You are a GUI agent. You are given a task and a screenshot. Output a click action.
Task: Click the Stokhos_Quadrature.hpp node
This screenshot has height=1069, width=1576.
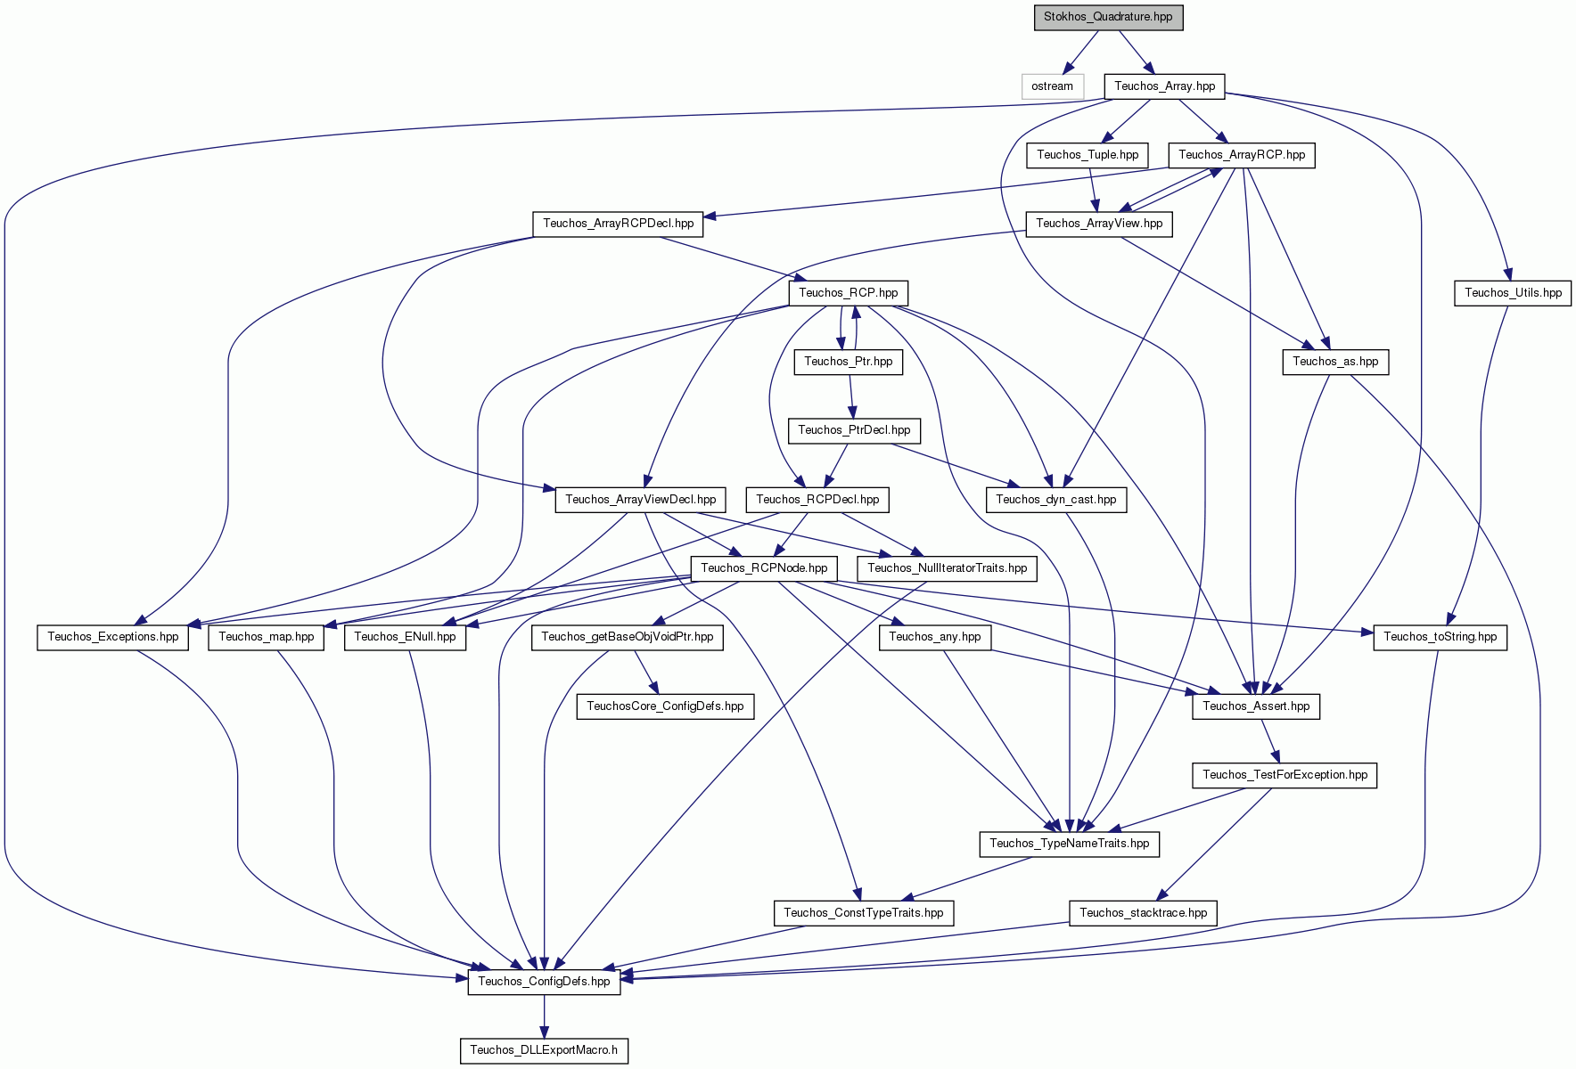point(1108,17)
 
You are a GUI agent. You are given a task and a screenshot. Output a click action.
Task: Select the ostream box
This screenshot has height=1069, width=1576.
point(1052,86)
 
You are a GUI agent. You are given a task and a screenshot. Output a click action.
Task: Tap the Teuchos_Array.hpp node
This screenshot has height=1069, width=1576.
point(1164,86)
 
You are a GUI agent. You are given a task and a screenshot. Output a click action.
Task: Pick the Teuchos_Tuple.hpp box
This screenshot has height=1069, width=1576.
point(1088,155)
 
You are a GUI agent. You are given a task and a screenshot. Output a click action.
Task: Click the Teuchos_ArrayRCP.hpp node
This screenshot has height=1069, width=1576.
point(1242,155)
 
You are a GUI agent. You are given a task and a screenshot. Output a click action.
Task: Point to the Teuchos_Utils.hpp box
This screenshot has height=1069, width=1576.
point(1513,293)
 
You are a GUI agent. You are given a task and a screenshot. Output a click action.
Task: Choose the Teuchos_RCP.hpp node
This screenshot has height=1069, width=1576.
point(849,293)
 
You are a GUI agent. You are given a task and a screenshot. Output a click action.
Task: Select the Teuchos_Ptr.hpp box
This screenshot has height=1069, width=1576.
point(849,362)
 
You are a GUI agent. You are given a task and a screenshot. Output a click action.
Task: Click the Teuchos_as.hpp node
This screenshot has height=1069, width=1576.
point(1335,362)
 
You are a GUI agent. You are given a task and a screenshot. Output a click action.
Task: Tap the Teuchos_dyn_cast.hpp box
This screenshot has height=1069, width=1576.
point(1056,500)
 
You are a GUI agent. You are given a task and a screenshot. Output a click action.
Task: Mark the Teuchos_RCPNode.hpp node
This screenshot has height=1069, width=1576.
point(764,568)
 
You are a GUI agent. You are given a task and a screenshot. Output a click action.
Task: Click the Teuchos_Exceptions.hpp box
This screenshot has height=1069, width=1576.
point(113,637)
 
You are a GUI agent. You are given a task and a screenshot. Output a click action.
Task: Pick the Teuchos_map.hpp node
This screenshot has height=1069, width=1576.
point(267,637)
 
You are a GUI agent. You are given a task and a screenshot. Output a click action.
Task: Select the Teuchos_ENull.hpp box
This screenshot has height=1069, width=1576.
point(405,637)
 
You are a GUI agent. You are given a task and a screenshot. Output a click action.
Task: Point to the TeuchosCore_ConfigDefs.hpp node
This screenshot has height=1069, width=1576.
point(665,706)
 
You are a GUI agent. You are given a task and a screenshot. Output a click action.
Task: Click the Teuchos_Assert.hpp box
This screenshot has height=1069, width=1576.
point(1256,706)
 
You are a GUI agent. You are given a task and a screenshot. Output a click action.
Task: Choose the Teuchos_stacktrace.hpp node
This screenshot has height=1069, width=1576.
point(1143,913)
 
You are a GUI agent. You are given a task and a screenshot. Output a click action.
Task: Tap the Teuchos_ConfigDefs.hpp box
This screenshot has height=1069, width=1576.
point(544,982)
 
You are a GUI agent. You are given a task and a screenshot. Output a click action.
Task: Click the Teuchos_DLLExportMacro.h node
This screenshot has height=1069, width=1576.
point(544,1050)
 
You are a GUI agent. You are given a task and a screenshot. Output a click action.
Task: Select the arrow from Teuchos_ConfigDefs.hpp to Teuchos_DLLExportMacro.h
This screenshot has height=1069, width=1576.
point(544,1016)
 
